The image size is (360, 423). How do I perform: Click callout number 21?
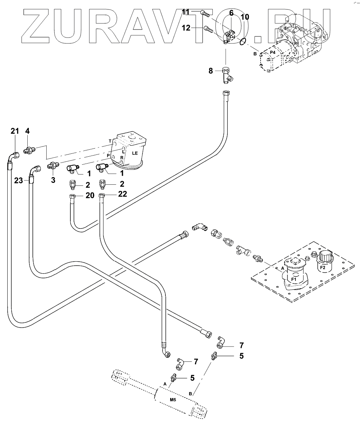(x=15, y=131)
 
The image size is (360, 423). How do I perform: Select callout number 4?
(x=27, y=131)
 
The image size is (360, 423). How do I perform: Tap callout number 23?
(x=18, y=180)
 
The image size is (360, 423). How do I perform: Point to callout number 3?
(x=53, y=180)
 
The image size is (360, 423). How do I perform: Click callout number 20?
(x=90, y=195)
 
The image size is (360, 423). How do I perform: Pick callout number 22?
(x=122, y=194)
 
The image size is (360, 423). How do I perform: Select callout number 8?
(x=211, y=71)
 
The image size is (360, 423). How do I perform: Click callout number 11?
(x=186, y=12)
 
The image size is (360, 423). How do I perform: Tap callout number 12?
(x=186, y=28)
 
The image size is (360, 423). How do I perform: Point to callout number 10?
(x=245, y=17)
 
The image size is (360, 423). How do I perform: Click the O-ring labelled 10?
(x=243, y=41)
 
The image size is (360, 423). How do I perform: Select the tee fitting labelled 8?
(x=227, y=75)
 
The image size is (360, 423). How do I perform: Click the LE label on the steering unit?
(x=135, y=153)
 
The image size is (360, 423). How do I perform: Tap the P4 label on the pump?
(x=273, y=52)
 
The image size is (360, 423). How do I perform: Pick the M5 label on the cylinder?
(x=173, y=400)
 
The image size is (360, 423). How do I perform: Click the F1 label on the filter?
(x=294, y=279)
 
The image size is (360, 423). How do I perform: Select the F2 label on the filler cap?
(x=322, y=268)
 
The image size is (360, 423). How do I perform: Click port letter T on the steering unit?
(x=110, y=141)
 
